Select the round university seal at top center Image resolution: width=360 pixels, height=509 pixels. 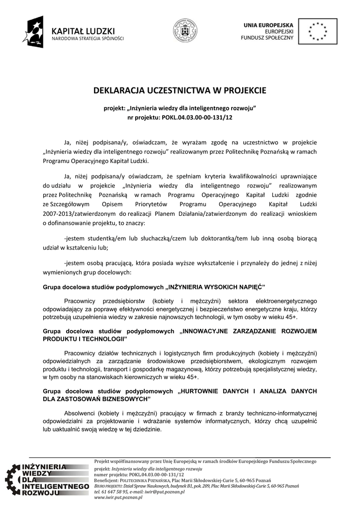(x=184, y=31)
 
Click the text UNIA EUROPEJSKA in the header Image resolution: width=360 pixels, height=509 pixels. (x=269, y=24)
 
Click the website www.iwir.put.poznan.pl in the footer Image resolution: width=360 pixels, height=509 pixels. (x=118, y=497)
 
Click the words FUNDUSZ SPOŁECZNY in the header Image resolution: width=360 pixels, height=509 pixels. (x=268, y=38)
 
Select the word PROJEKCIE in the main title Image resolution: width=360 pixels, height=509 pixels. (x=241, y=90)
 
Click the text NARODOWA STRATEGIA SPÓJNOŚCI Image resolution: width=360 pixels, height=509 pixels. (x=88, y=38)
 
